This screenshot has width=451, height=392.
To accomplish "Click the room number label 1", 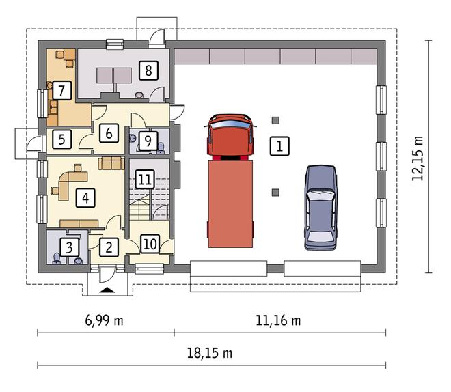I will pyautogui.click(x=279, y=145).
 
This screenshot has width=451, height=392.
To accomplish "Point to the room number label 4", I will pyautogui.click(x=84, y=198).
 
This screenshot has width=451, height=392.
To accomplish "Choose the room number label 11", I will pyautogui.click(x=144, y=180).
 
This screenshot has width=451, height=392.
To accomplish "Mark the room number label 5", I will pyautogui.click(x=61, y=140).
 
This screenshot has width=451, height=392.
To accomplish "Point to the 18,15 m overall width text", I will pyautogui.click(x=210, y=353).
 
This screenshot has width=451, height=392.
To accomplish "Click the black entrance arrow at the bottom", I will pyautogui.click(x=107, y=290).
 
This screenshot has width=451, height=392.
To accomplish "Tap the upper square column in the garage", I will pyautogui.click(x=275, y=121).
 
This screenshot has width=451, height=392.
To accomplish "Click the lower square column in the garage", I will pyautogui.click(x=275, y=193).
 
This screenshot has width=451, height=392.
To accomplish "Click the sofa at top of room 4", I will pyautogui.click(x=110, y=163).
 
